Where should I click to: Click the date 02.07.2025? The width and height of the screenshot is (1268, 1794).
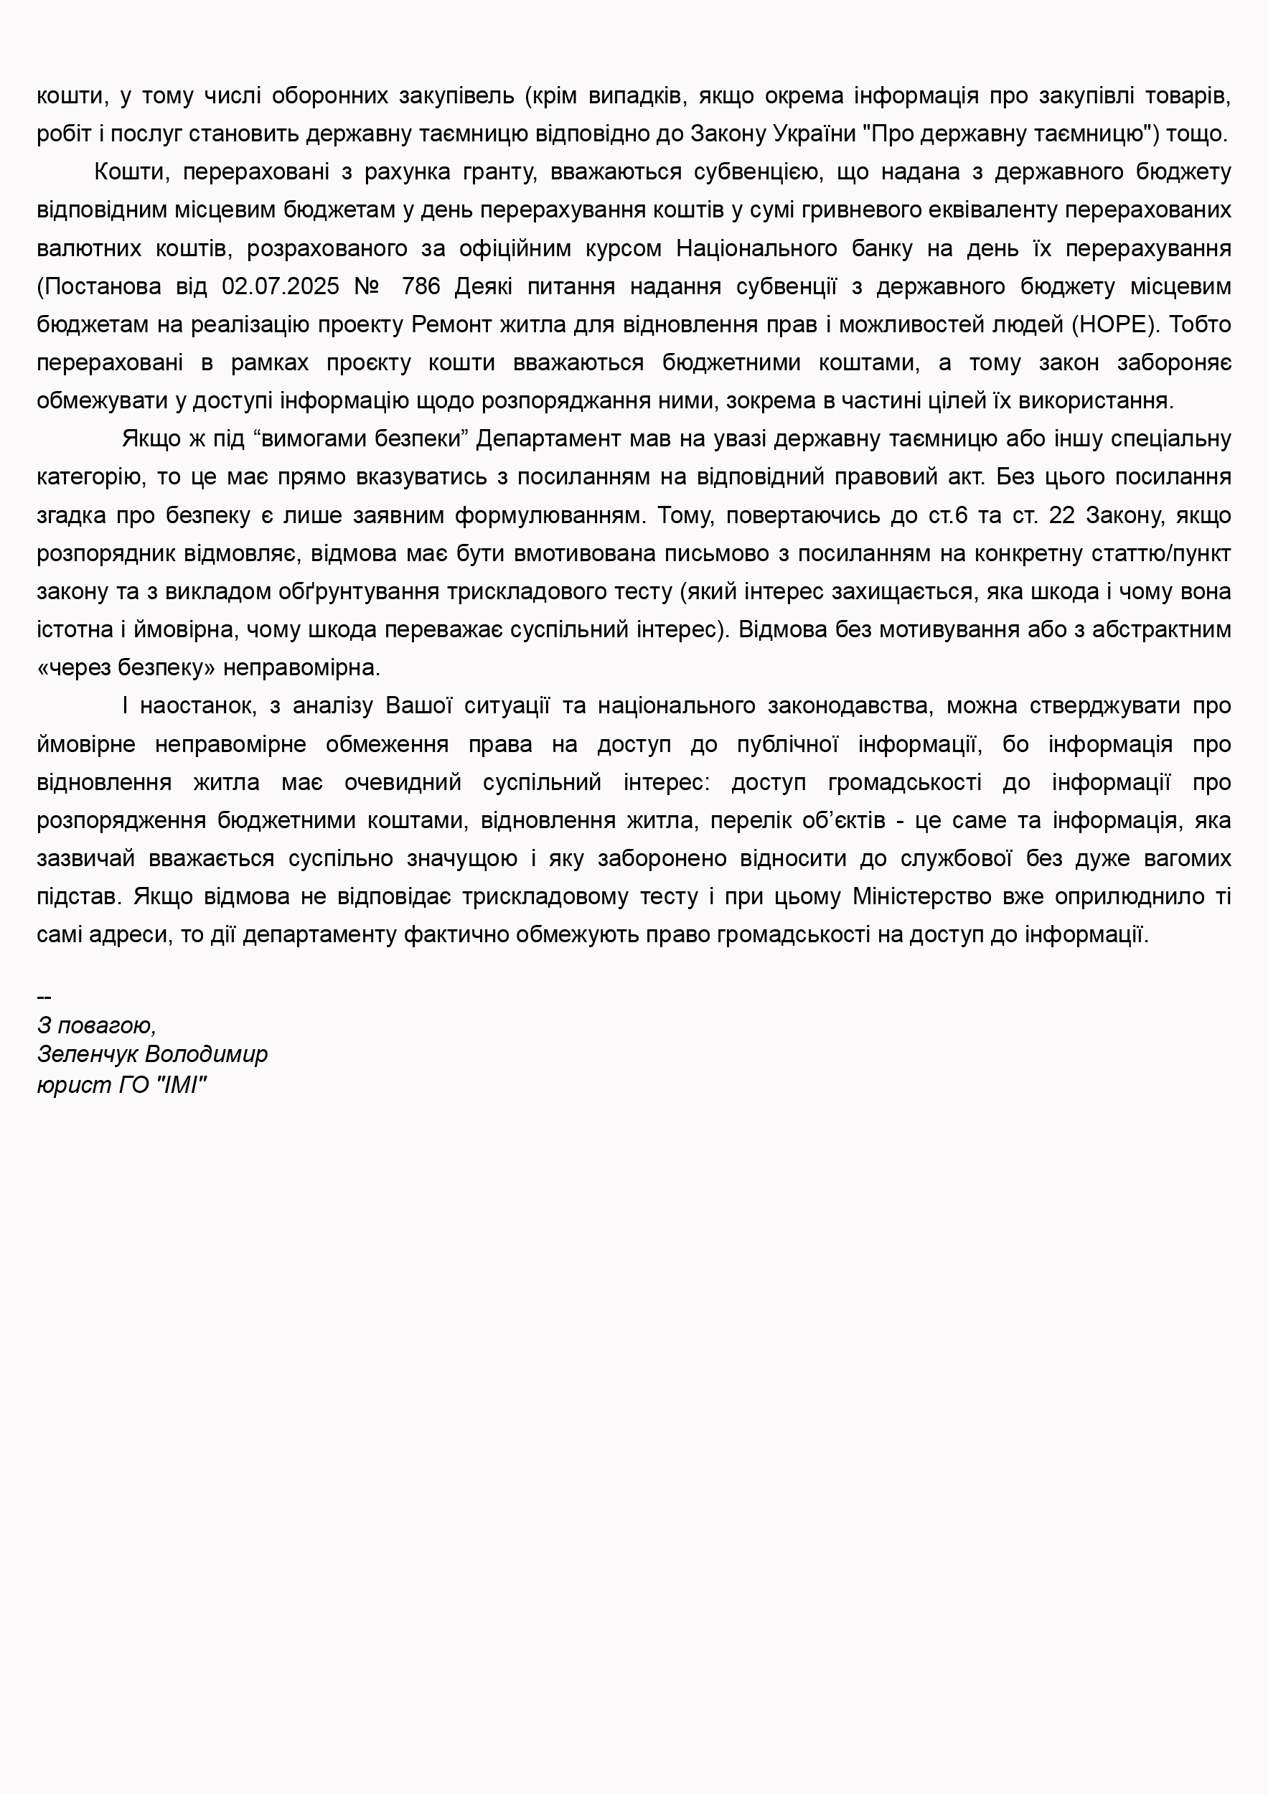pyautogui.click(x=281, y=287)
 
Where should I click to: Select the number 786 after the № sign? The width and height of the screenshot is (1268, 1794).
pyautogui.click(x=421, y=287)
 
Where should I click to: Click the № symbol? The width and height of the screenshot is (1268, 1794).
pyautogui.click(x=367, y=287)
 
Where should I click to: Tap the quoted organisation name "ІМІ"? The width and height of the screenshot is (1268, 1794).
pyautogui.click(x=182, y=1084)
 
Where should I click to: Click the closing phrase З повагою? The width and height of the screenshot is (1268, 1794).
pyautogui.click(x=96, y=1025)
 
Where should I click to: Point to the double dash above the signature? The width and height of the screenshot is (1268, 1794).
pyautogui.click(x=44, y=997)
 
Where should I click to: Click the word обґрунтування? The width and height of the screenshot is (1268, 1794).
pyautogui.click(x=359, y=592)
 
